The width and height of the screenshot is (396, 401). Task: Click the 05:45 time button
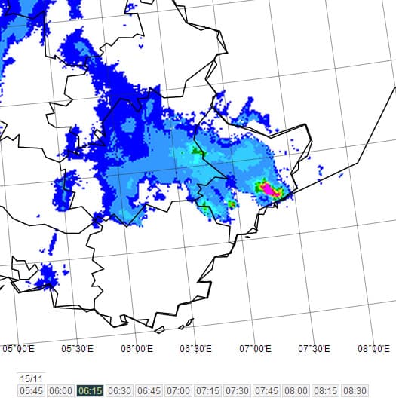click(32, 391)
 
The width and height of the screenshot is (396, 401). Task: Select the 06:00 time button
click(61, 391)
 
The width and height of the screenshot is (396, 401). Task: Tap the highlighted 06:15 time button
click(91, 391)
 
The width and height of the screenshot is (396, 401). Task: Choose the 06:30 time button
click(120, 391)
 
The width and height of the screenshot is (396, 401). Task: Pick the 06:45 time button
click(149, 391)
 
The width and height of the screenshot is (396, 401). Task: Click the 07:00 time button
click(179, 391)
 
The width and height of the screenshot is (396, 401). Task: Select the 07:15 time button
click(208, 391)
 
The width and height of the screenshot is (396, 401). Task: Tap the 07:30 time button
click(238, 391)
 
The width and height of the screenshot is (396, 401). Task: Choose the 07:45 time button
click(267, 391)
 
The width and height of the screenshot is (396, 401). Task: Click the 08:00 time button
click(296, 391)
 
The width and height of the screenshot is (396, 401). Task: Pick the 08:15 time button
click(326, 391)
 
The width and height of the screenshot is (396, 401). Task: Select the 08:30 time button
click(355, 391)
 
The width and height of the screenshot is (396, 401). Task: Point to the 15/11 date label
click(32, 378)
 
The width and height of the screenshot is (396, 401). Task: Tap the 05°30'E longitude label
click(77, 348)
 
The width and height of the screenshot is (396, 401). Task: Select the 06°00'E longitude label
click(137, 348)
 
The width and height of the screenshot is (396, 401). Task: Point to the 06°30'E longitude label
click(195, 348)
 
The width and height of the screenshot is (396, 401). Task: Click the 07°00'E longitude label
click(255, 348)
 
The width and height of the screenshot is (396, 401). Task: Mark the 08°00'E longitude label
click(374, 348)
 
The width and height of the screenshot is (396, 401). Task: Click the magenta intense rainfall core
click(266, 188)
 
